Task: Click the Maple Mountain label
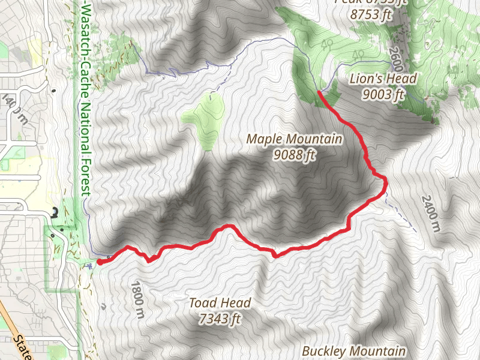294,140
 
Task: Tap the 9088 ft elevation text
294,155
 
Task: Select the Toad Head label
220,303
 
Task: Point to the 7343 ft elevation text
220,319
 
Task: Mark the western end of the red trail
98,261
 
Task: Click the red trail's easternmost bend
385,182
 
